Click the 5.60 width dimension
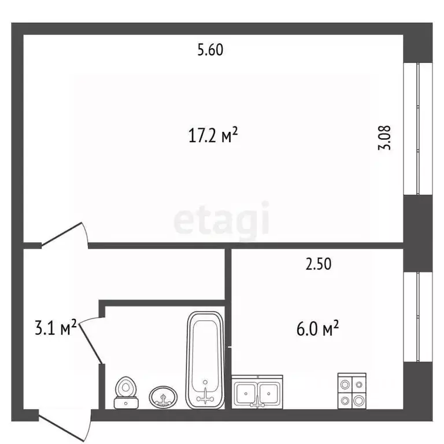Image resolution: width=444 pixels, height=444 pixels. click(210, 50)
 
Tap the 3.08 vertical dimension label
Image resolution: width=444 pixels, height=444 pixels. click(386, 138)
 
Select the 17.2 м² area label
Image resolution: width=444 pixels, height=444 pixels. click(213, 136)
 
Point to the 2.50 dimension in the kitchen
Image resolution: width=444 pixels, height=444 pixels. click(318, 264)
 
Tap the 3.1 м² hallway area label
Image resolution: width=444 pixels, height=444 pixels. click(56, 329)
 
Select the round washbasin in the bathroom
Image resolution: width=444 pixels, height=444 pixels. click(164, 397)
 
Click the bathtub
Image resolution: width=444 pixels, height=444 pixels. click(205, 358)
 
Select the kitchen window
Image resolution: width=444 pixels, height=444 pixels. click(418, 316)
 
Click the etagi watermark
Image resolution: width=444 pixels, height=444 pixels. click(221, 219)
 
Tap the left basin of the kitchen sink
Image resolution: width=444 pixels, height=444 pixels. click(247, 393)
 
